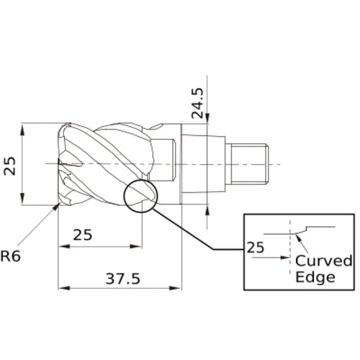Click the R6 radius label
(x=11, y=256)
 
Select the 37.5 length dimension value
(x=123, y=279)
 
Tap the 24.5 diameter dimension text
(x=197, y=103)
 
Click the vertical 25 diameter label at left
(x=9, y=166)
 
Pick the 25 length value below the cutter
(x=83, y=235)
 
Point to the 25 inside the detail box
(x=256, y=248)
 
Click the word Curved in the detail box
(x=323, y=261)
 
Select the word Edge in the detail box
(x=315, y=277)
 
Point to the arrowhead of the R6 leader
(x=57, y=206)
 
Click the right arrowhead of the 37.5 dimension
(x=175, y=288)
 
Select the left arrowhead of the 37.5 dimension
(x=64, y=288)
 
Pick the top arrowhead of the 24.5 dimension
(x=207, y=118)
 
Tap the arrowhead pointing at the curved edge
(x=299, y=238)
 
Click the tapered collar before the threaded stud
(x=203, y=164)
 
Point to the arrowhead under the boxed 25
(x=284, y=258)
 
